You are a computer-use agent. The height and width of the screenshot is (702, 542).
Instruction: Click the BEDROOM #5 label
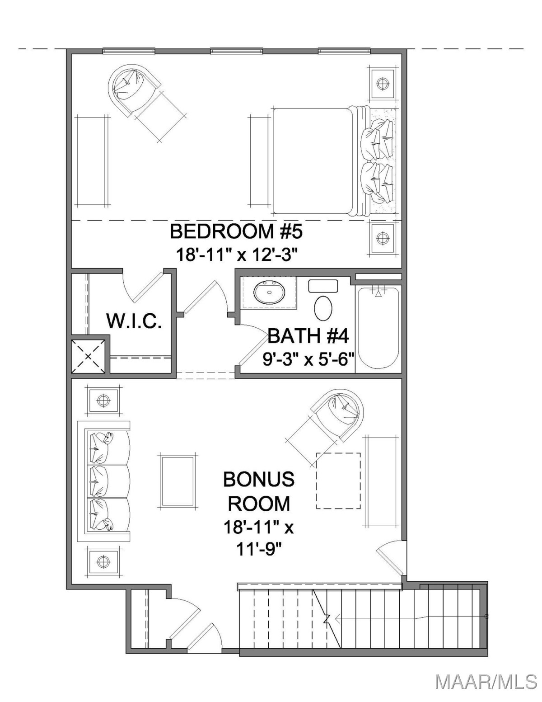[x=236, y=231]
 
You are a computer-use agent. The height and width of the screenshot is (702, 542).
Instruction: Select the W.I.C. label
[x=134, y=321]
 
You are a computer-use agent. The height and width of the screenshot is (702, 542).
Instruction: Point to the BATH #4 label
[x=308, y=336]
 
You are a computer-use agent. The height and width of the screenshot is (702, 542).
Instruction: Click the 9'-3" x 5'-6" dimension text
[x=308, y=359]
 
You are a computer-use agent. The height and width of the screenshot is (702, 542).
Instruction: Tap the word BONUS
[x=259, y=480]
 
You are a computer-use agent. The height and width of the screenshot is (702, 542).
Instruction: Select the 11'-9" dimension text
[x=259, y=550]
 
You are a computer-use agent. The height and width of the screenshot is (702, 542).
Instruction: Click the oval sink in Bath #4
[x=269, y=292]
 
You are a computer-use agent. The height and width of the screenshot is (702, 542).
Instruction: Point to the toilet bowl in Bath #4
[x=323, y=309]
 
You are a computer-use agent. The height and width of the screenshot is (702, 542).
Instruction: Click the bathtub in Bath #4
[x=378, y=327]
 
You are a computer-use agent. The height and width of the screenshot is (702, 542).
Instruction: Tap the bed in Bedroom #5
[x=335, y=161]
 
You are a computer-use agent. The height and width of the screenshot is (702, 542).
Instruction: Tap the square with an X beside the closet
[x=88, y=356]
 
